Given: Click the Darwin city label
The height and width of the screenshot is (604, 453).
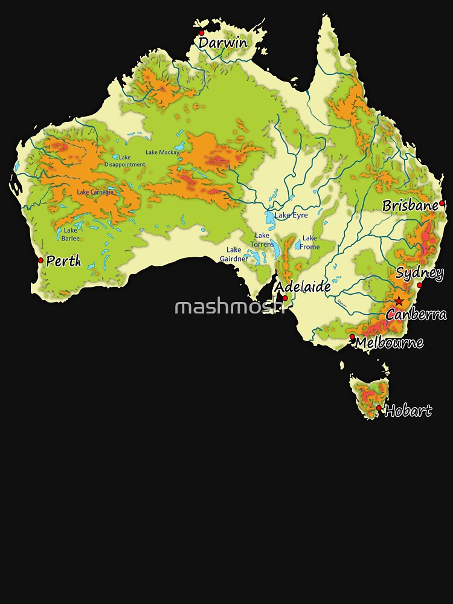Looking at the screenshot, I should tap(223, 43).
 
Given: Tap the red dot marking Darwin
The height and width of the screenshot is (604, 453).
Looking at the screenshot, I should tap(202, 34).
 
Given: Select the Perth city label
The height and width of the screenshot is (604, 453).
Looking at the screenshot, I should tap(63, 262).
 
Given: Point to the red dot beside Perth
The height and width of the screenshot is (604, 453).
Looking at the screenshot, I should tap(40, 261).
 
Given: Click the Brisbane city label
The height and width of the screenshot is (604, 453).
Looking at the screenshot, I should tap(410, 205).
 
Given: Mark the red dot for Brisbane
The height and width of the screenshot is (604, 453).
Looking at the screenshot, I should tap(442, 203).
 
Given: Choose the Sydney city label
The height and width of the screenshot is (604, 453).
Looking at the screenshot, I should tap(420, 272).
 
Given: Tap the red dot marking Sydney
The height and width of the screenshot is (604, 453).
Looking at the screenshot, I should tap(420, 285).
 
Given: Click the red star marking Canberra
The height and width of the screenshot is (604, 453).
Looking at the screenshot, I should tap(399, 301).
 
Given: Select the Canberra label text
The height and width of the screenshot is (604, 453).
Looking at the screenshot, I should tap(416, 314).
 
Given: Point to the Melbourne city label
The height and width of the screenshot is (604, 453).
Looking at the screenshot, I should tap(389, 343).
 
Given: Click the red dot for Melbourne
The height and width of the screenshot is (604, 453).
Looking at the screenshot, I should tap(353, 336).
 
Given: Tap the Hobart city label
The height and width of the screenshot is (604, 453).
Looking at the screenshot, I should tap(408, 411).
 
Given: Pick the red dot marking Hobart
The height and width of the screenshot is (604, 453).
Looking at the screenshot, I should tap(379, 408).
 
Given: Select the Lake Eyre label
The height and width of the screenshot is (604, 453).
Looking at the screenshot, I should tap(291, 215).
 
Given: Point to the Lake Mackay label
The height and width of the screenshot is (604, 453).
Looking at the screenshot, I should tap(162, 153).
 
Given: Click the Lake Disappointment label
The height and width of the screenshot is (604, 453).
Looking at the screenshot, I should tap(124, 161).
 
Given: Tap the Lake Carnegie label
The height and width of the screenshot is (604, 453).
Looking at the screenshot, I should tap(95, 192).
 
